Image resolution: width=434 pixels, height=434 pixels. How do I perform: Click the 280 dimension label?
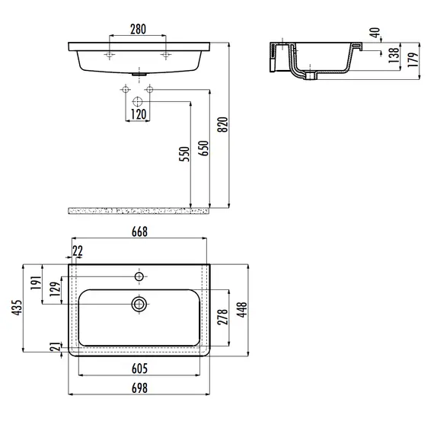pos(138,30)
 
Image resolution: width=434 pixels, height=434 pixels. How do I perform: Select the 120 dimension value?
pos(137,114)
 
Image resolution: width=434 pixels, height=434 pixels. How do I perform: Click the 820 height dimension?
pos(223,123)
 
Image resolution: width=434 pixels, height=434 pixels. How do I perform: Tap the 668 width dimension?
pos(139,231)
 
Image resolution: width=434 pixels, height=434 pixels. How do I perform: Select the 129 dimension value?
pos(54,289)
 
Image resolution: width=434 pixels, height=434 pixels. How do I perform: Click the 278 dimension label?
pos(222,317)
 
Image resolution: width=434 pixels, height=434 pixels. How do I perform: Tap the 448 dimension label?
pos(243,309)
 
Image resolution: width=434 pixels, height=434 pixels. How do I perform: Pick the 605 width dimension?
pos(139,369)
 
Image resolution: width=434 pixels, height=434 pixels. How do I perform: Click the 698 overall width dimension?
pos(139,388)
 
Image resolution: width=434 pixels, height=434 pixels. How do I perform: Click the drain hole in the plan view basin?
pos(139,304)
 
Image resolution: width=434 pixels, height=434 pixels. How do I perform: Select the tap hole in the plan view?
pos(139,275)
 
